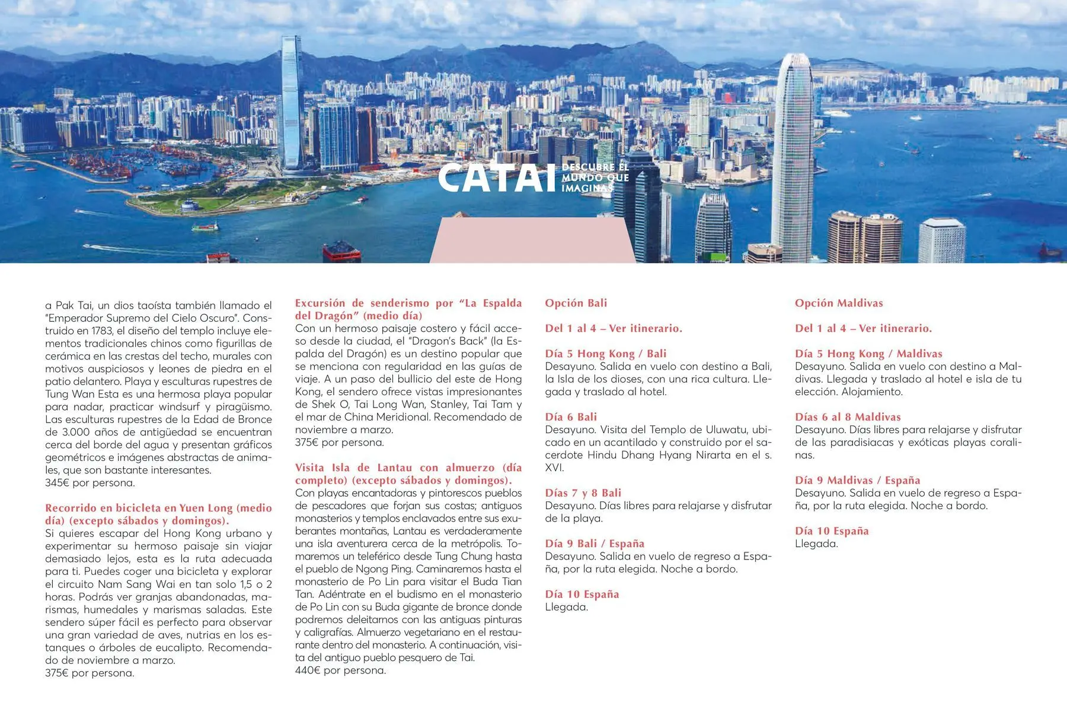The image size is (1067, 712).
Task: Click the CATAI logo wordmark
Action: pos(497,178)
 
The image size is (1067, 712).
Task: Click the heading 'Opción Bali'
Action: pos(576,303)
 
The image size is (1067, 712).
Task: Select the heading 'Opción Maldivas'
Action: pos(838,303)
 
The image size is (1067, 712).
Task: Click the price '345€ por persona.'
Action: pos(90,483)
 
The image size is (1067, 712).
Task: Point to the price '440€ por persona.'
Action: pos(340,670)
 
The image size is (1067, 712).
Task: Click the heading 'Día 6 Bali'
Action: pos(570,417)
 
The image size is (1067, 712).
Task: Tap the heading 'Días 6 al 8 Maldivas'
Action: pos(847,417)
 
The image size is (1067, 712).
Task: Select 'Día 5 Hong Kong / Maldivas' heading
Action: pos(868,354)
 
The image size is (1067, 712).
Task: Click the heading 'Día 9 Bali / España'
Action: pos(594,543)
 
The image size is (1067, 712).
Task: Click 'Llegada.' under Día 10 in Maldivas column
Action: pos(816,544)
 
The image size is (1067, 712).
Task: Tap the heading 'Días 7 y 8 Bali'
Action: pos(583,493)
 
